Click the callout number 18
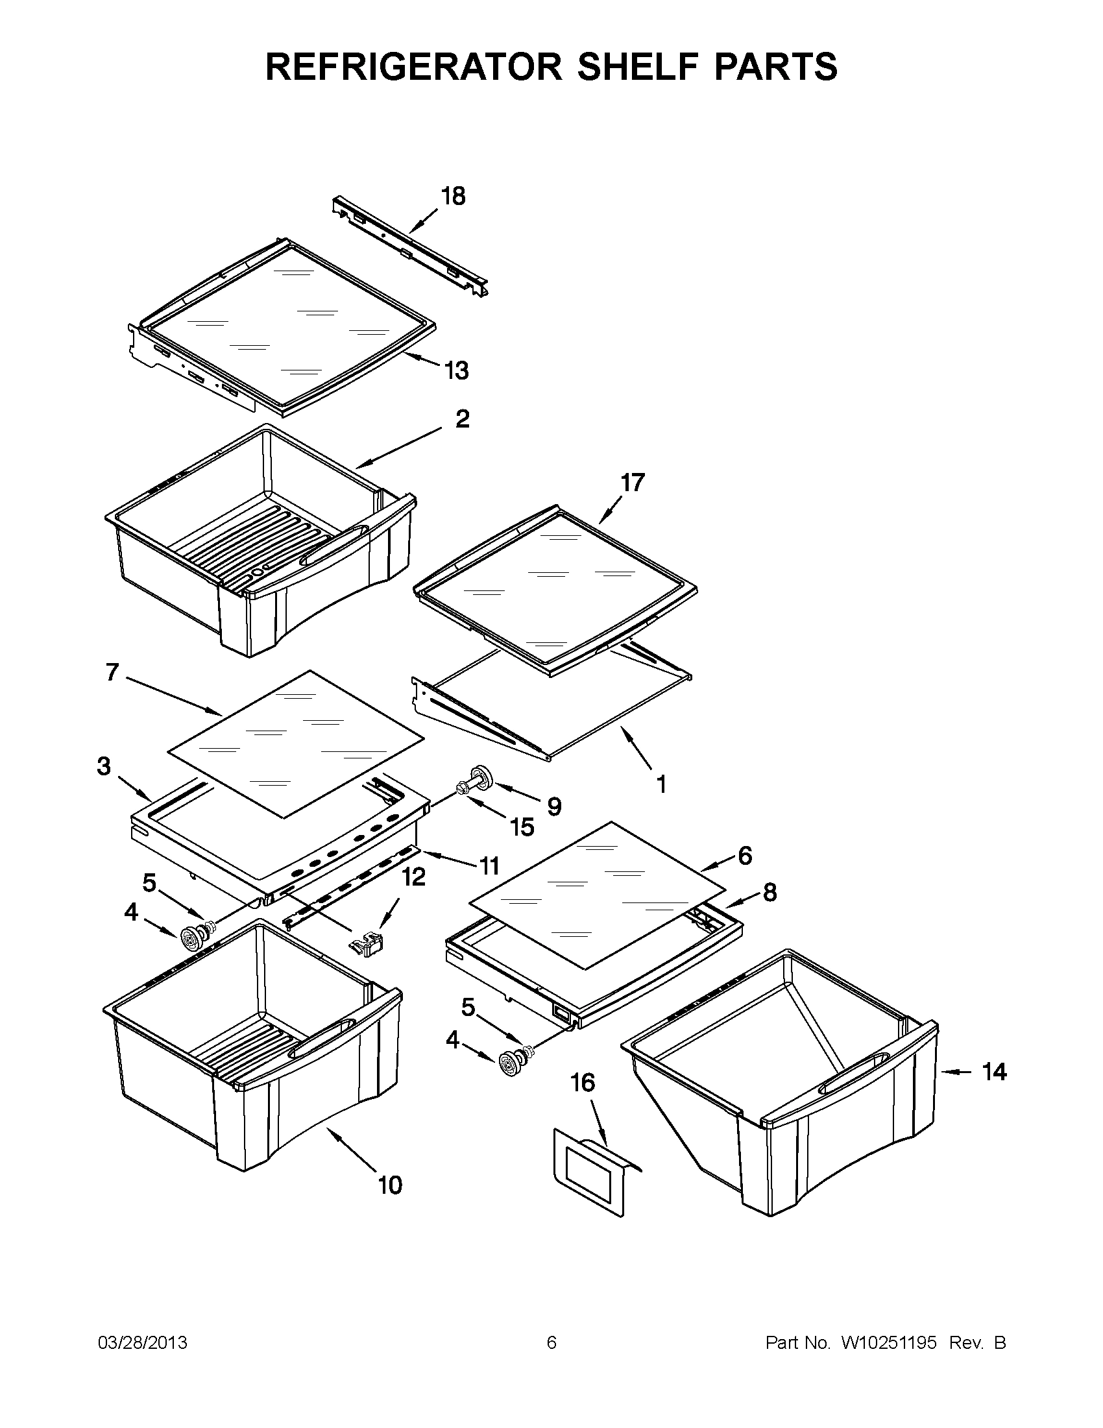point(453,196)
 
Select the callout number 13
point(456,370)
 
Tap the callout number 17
point(632,483)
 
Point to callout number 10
point(391,1185)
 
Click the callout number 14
point(994,1072)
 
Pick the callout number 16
point(583,1083)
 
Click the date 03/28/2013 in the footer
point(143,1343)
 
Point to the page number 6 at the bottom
point(551,1343)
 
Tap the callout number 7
point(112,672)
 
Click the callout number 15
point(522,827)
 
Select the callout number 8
point(770,892)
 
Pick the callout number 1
point(661,784)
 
